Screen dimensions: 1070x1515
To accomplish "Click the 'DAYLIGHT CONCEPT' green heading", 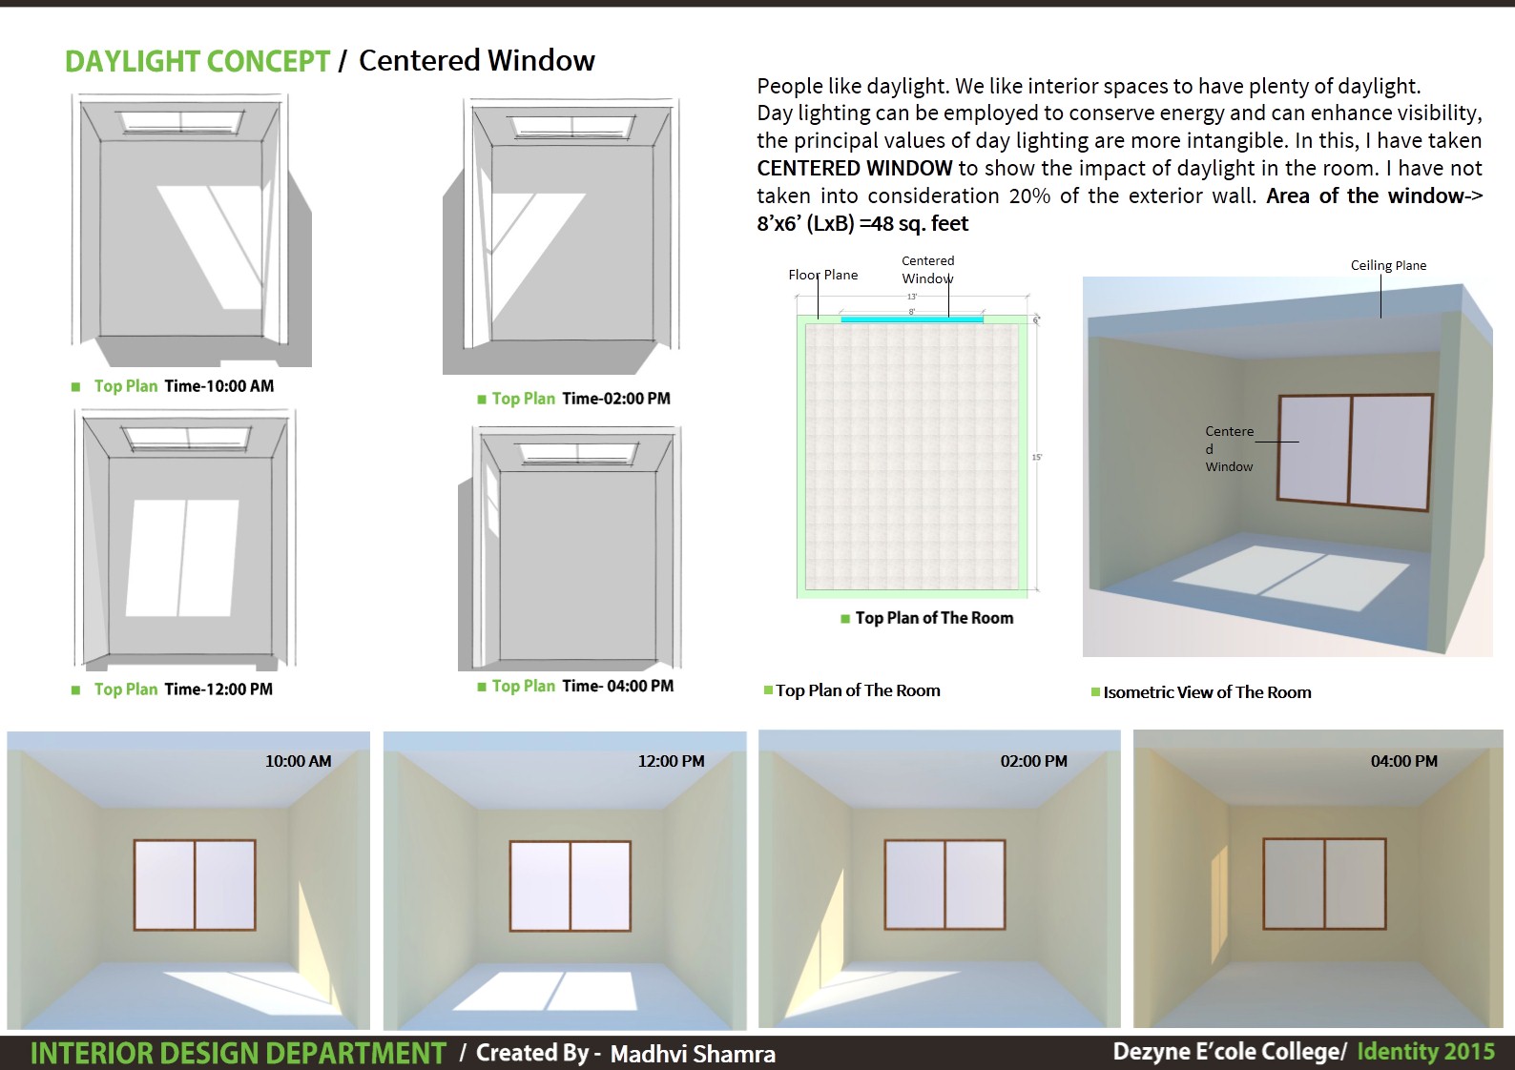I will (x=197, y=62).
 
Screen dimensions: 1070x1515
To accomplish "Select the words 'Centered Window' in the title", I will (x=476, y=61).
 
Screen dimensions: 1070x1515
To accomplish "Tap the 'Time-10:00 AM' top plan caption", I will (x=218, y=386).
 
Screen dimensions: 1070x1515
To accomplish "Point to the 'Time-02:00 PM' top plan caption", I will (x=615, y=399).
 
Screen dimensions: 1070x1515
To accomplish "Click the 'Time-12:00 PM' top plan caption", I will (x=218, y=689).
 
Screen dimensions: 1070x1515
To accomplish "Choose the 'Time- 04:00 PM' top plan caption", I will (x=617, y=687).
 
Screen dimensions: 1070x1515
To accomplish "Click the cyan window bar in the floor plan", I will (x=911, y=319).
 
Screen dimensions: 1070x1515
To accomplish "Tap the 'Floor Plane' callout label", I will (x=822, y=275).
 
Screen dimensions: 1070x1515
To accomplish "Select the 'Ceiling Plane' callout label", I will (x=1388, y=265).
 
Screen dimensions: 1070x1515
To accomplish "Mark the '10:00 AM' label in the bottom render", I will (x=298, y=761).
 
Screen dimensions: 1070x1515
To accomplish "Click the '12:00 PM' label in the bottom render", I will (x=671, y=761).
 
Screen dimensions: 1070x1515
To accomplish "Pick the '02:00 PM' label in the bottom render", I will (x=1033, y=761).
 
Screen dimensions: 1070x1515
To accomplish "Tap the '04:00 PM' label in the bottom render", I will (x=1403, y=761).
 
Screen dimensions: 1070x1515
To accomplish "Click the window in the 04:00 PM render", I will (x=1324, y=884).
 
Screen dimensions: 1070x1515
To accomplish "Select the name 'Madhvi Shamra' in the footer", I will (x=693, y=1054).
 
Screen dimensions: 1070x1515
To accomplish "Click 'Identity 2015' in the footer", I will (x=1425, y=1052).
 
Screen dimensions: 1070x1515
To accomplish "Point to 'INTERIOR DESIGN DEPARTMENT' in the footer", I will (x=238, y=1054).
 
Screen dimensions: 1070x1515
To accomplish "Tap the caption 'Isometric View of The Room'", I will (x=1207, y=692).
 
